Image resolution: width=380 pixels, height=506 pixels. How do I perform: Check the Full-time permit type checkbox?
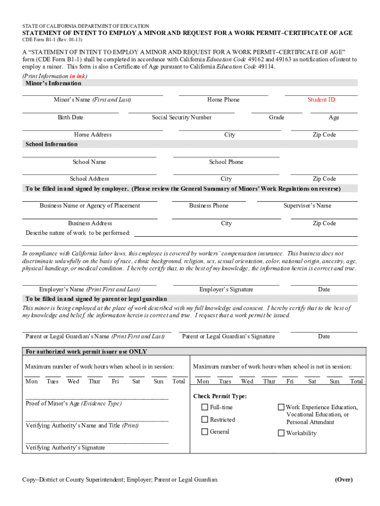point(204,407)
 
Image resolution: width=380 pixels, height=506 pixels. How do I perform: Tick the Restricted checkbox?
point(204,420)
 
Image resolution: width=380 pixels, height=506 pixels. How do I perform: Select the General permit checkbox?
point(204,432)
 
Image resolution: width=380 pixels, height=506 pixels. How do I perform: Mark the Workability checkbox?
point(281,433)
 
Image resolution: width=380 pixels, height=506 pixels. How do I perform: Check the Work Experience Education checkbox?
point(281,407)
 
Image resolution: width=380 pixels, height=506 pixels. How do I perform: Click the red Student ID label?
point(321,100)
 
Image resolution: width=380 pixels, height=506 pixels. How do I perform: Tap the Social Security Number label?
point(182,118)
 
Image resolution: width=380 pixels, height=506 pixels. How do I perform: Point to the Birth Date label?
point(70,118)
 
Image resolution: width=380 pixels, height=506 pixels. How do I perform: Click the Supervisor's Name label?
point(307,206)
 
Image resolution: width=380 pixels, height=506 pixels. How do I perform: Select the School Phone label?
point(226,162)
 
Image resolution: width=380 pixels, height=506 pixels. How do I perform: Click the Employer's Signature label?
point(226,290)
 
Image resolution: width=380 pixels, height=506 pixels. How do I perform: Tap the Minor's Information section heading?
point(50,84)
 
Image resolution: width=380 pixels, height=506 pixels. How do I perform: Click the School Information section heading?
point(51,144)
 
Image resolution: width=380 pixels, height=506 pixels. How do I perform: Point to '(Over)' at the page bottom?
point(343,480)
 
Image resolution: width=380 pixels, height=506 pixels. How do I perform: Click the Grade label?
point(276,118)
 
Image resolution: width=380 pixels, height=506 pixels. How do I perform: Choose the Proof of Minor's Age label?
point(74,404)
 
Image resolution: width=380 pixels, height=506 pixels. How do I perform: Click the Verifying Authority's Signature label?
point(65,448)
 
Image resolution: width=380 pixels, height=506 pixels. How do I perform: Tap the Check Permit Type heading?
point(220,396)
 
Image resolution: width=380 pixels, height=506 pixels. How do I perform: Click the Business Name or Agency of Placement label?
point(90,206)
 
